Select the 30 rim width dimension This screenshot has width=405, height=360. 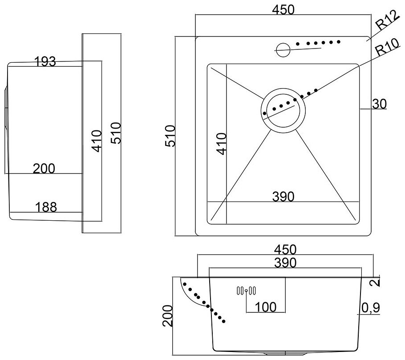(x=379, y=104)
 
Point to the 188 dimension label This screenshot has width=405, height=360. (x=46, y=207)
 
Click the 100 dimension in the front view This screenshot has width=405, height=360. (x=265, y=307)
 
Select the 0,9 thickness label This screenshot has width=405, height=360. (x=370, y=307)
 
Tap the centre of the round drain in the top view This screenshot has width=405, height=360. (x=283, y=109)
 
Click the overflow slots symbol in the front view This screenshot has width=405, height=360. (x=246, y=291)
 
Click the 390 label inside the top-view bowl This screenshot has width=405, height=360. (x=283, y=196)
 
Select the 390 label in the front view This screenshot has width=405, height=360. (x=285, y=263)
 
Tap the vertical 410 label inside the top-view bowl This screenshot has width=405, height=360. (x=221, y=143)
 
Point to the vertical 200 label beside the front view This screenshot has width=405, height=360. (x=167, y=316)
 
